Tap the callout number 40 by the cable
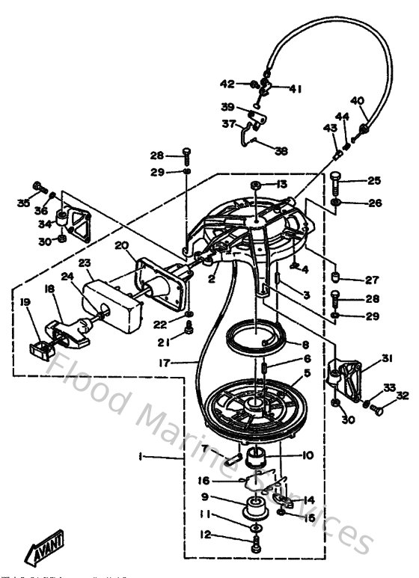point(357,101)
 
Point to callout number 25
point(373,181)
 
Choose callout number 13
point(281,184)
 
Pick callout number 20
point(121,246)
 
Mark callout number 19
point(25,303)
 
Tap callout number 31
point(387,359)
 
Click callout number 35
point(24,203)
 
